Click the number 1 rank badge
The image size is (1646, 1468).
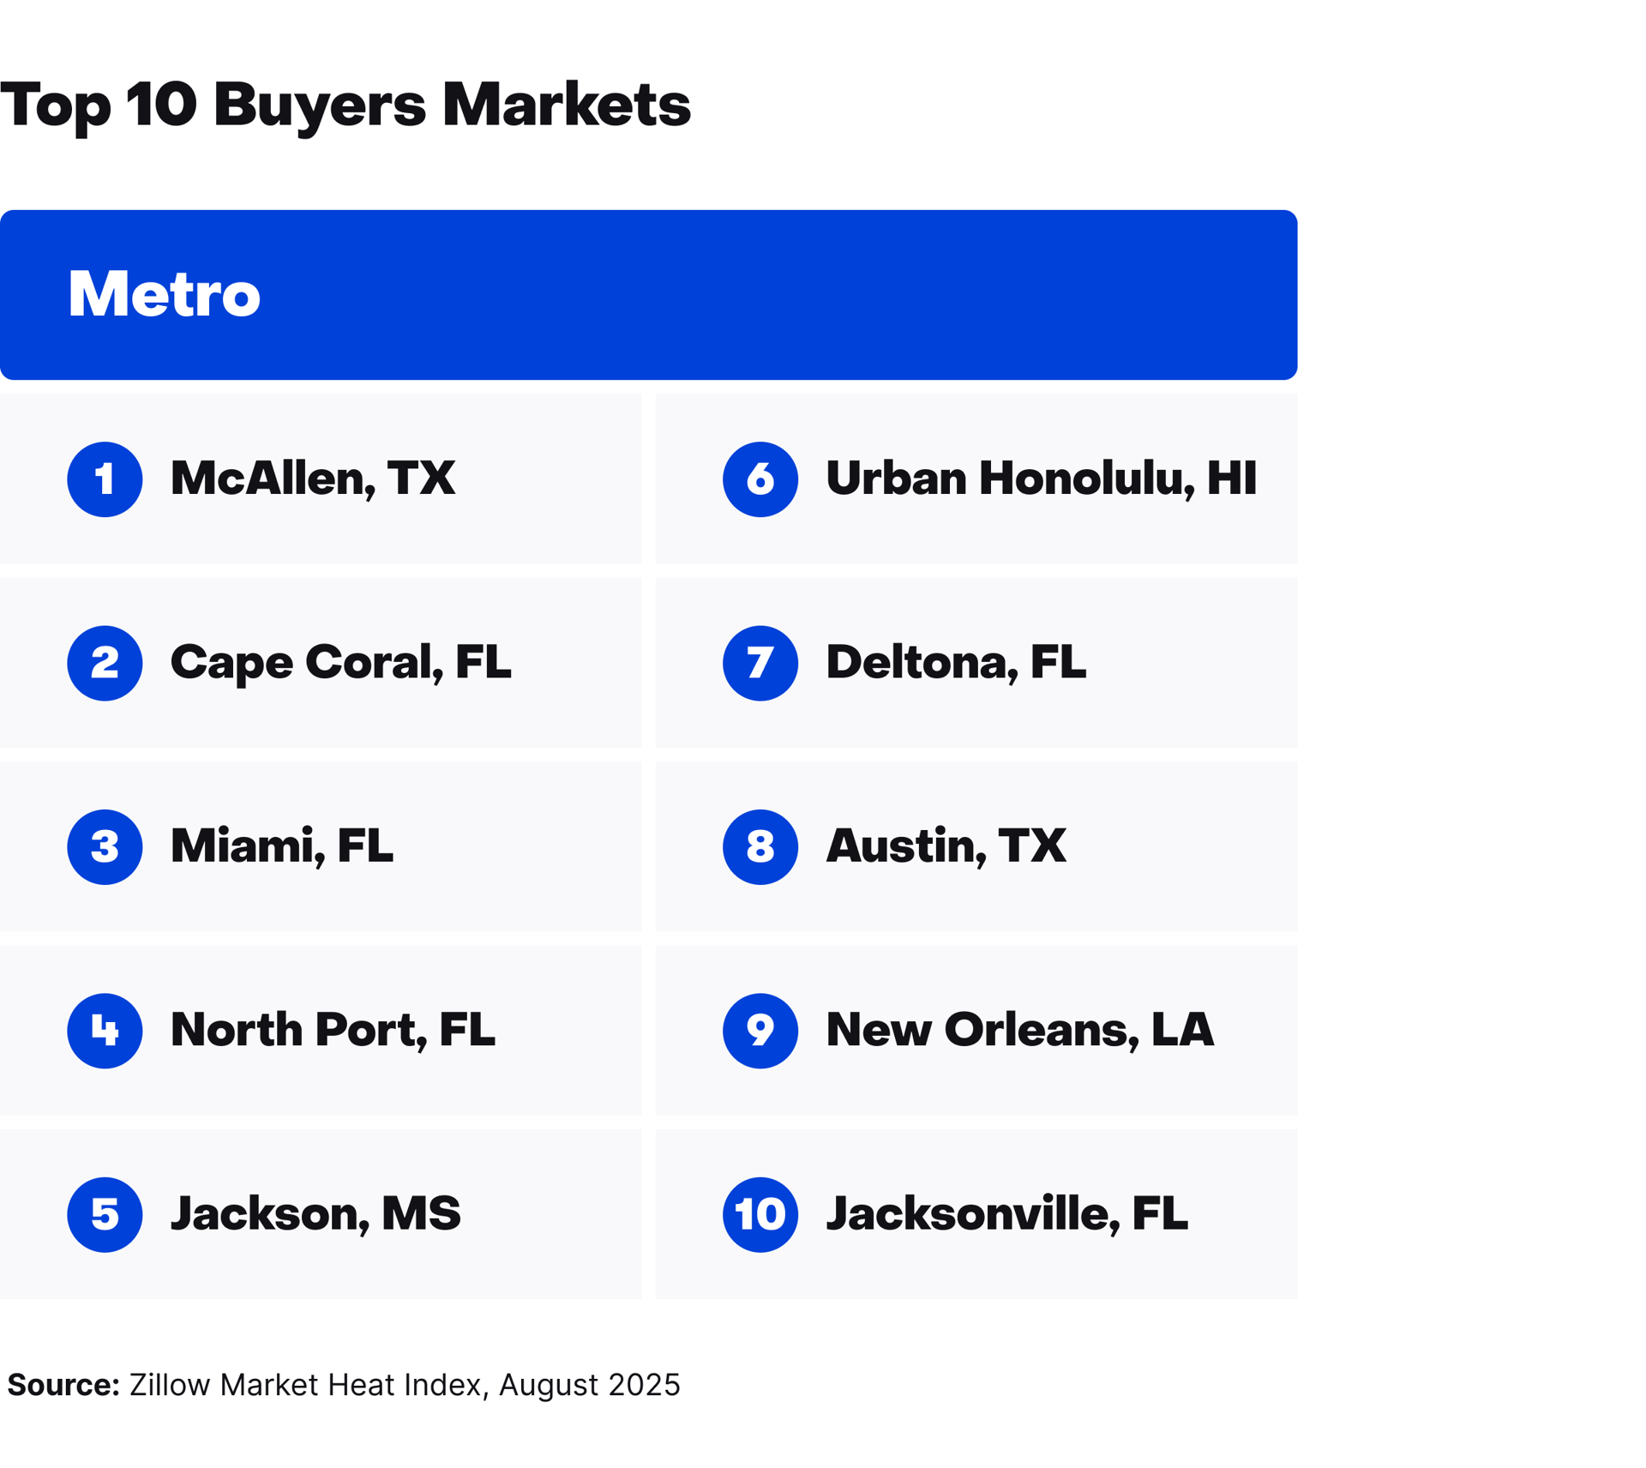105,478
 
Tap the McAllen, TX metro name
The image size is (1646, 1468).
312,478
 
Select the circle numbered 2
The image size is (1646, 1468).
105,663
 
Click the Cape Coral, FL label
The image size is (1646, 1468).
340,663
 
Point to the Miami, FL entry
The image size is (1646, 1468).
281,846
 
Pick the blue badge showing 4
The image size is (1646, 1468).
105,1030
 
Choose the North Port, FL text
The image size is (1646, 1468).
333,1030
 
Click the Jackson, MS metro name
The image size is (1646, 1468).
315,1214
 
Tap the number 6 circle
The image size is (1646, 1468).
760,478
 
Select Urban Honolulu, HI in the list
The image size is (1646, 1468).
1040,478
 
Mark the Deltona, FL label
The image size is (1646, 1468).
955,663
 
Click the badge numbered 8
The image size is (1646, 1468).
760,846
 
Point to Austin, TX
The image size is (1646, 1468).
946,846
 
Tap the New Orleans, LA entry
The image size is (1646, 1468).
1019,1030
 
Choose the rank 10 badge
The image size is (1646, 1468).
760,1214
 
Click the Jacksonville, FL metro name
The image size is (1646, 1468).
1006,1214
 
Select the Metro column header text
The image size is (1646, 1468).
164,294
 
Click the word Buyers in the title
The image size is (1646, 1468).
319,105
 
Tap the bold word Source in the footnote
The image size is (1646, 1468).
63,1384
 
